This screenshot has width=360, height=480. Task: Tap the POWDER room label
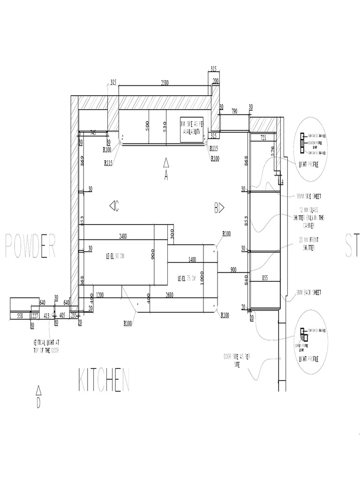click(30, 246)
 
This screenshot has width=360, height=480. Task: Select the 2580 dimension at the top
click(165, 82)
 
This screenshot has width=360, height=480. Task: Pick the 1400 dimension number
click(192, 259)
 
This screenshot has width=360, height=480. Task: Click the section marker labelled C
click(113, 206)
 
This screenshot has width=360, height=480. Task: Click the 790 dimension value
click(235, 111)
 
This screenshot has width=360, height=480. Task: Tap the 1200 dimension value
click(99, 295)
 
